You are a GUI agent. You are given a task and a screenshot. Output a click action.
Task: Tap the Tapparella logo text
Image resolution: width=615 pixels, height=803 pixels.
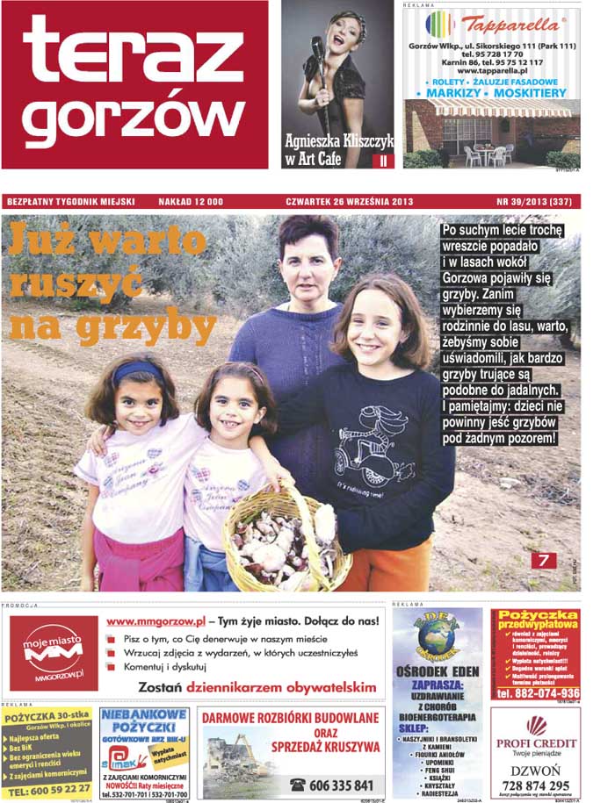pos(509,24)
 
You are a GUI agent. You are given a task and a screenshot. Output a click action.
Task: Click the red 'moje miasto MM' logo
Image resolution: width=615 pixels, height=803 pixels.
pos(54,653)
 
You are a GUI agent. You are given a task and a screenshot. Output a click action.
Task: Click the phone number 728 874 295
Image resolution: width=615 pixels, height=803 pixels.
pos(535,785)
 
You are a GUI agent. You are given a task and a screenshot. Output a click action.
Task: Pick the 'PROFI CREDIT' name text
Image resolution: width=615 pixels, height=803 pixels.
pos(535,743)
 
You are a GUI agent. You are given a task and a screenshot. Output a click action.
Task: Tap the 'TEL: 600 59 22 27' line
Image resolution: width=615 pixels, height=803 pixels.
pos(48,788)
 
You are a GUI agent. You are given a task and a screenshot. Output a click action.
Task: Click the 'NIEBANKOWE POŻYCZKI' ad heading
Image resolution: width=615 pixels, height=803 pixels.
pos(143,721)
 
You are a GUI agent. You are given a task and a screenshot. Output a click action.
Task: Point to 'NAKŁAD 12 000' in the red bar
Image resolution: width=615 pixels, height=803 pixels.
pos(191,202)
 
